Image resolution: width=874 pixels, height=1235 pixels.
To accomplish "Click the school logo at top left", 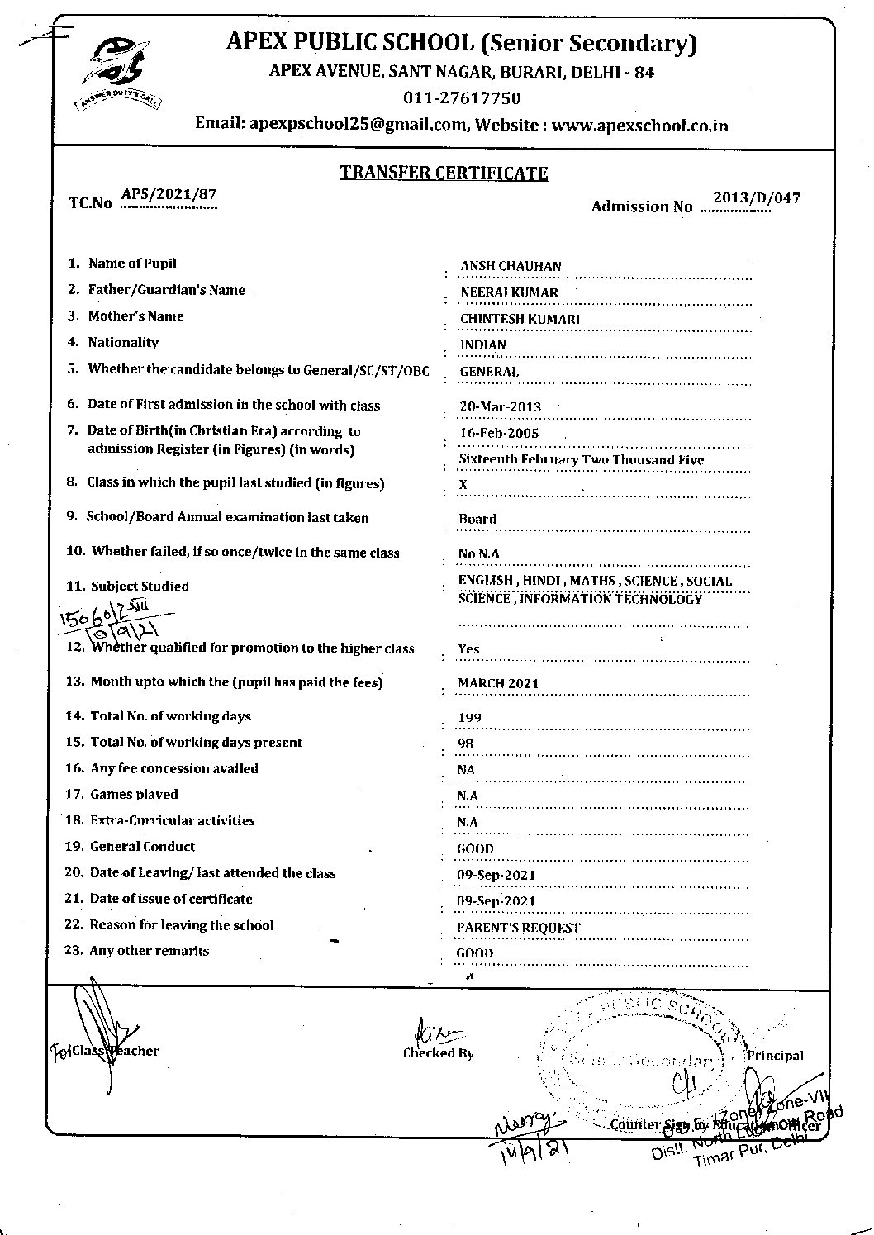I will click(x=118, y=71).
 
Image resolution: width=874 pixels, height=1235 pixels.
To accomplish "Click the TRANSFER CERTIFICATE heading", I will click(x=444, y=173).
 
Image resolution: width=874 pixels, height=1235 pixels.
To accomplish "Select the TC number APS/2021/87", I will click(x=169, y=195).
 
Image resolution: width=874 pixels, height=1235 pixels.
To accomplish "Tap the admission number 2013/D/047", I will click(x=756, y=198).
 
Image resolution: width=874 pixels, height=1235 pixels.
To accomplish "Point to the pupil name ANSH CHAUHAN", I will click(x=511, y=266).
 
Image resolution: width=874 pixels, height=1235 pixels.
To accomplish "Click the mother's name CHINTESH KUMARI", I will click(x=520, y=319).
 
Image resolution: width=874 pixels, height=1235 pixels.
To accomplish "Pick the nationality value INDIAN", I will click(x=483, y=345).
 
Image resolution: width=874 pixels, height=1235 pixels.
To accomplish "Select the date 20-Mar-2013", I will click(x=500, y=406).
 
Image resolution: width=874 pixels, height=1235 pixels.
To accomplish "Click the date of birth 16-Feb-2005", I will click(x=499, y=433).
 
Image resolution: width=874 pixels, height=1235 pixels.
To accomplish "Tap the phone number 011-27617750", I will click(x=462, y=98).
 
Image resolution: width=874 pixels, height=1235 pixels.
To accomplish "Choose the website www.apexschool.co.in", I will click(x=640, y=126).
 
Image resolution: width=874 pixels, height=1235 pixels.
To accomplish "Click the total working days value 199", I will click(x=470, y=718).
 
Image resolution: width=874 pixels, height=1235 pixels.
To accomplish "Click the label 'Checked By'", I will click(x=439, y=1053).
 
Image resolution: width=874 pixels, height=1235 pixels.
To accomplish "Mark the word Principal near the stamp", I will click(x=774, y=1055).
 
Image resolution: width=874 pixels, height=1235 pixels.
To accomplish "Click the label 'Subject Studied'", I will click(x=140, y=587).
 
